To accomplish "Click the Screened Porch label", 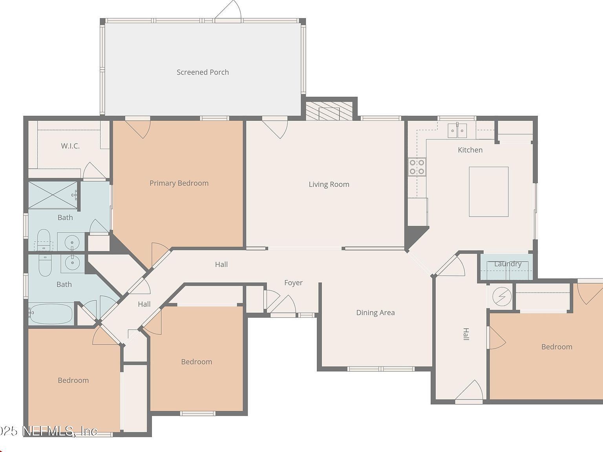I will pos(203,72).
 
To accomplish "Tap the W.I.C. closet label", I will pos(70,146).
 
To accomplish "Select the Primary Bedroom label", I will pos(179,183).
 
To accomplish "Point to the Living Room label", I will pos(329,184).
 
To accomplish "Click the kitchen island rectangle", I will pos(489,191).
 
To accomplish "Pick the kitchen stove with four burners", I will pos(417,166).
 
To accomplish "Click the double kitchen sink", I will pos(457,130).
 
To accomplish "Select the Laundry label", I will pos(508,264).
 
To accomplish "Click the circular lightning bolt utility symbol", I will pos(502,296).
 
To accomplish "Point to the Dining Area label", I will pos(375,313).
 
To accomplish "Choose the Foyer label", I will pos(293,283).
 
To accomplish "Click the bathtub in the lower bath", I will pos(51,314).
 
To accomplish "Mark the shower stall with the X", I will pos(53,195).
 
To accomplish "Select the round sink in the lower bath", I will pos(72,263).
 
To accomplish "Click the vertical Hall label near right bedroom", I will pos(466,334).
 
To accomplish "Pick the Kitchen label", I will pos(470,150).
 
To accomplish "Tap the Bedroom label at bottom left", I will pos(73,380).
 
